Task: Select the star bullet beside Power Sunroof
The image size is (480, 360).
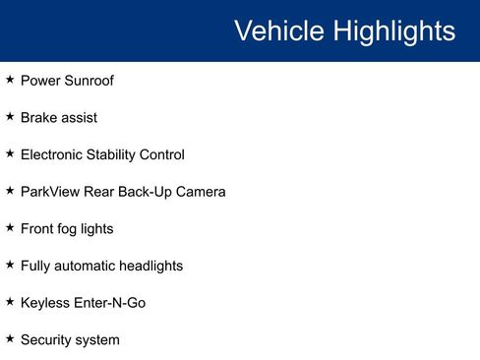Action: [10, 79]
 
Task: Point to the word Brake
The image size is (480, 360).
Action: [39, 118]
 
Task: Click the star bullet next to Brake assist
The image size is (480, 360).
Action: [10, 116]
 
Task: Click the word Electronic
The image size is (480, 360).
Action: [52, 154]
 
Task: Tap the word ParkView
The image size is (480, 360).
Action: [50, 192]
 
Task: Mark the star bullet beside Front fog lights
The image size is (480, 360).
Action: [10, 227]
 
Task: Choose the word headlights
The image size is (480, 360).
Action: [148, 266]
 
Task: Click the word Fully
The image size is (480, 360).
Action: [36, 266]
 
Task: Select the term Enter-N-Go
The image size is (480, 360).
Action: [110, 303]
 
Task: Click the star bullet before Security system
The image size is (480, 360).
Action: [10, 338]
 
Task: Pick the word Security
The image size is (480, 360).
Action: [48, 340]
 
